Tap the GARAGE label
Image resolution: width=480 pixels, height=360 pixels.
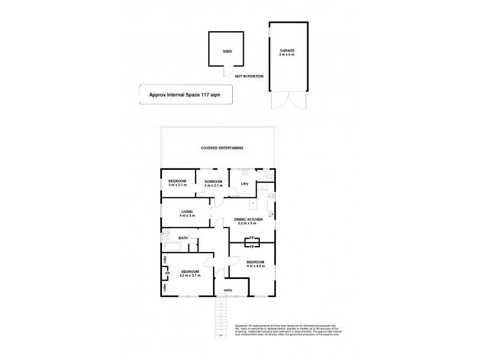click(287, 50)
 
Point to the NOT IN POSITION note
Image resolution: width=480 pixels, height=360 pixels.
click(248, 77)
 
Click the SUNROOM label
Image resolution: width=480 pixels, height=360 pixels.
click(214, 181)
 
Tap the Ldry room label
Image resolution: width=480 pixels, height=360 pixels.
click(244, 183)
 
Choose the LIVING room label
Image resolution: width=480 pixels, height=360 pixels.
click(188, 211)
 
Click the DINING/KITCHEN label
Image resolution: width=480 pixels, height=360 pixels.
click(248, 220)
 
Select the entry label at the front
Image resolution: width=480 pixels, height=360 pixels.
click(227, 290)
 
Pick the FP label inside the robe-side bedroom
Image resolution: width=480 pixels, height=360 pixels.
click(167, 274)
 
